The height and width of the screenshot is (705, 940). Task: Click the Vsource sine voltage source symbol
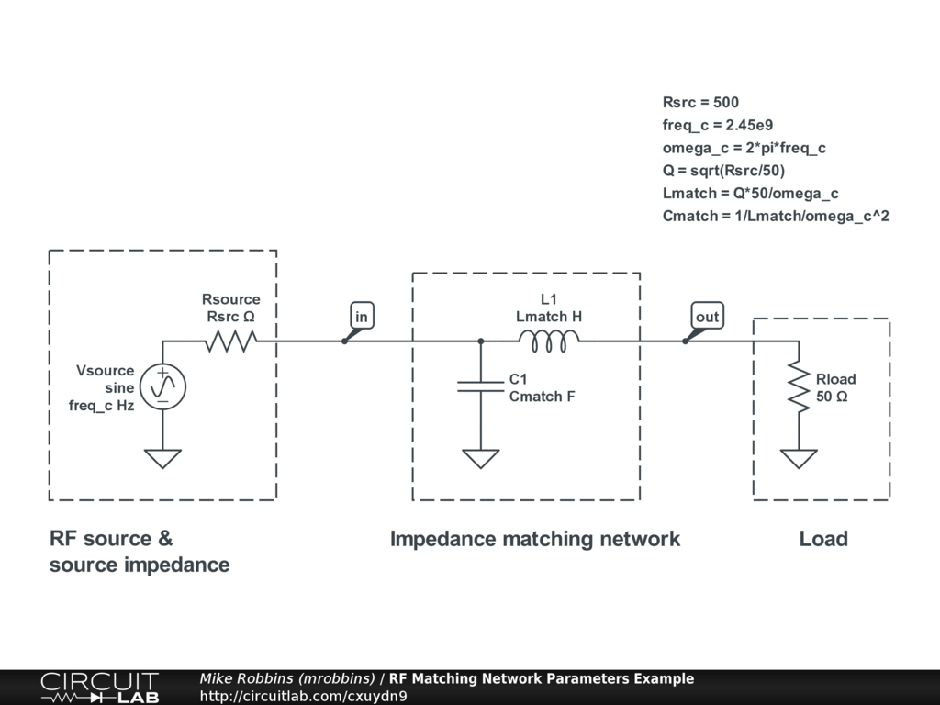[x=163, y=387]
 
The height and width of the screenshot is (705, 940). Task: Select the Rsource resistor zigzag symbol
[x=230, y=341]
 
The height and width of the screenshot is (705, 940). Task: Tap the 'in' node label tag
[x=362, y=317]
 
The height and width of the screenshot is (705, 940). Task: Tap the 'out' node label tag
[x=707, y=317]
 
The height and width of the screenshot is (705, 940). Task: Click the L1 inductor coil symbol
[x=548, y=341]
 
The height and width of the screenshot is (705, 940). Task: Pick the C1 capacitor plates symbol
[x=480, y=387]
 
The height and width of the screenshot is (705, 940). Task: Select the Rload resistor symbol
[x=799, y=387]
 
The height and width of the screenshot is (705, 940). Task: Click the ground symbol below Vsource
[x=163, y=457]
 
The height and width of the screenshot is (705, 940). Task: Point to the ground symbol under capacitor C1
[x=480, y=457]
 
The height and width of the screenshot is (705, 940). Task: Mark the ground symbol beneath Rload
[x=799, y=457]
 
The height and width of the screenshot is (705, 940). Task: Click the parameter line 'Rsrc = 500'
[x=700, y=102]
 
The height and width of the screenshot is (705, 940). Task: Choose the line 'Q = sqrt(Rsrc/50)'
[x=724, y=171]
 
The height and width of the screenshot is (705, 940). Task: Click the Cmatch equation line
[x=776, y=217]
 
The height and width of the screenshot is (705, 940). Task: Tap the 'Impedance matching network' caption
[x=535, y=539]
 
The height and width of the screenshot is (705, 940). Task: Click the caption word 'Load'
[x=823, y=539]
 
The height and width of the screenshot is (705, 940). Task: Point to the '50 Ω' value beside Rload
[x=832, y=397]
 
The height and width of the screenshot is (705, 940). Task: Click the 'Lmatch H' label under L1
[x=549, y=317]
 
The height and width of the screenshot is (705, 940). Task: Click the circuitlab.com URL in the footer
[x=303, y=696]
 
